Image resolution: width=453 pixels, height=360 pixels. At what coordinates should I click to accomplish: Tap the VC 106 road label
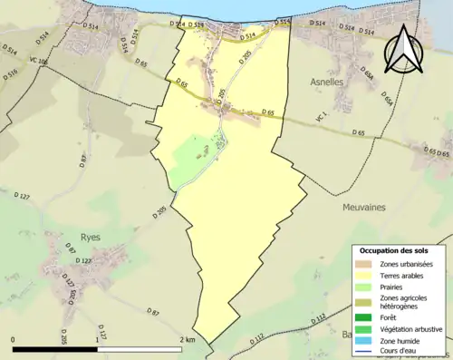(x=37, y=62)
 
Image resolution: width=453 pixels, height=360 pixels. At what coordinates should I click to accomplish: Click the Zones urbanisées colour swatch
(x=365, y=264)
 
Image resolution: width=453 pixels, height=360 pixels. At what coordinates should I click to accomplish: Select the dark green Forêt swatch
(x=365, y=317)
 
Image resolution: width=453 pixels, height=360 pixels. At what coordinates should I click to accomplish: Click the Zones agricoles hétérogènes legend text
(x=404, y=302)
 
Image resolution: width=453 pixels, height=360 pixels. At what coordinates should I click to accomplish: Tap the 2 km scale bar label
(x=187, y=339)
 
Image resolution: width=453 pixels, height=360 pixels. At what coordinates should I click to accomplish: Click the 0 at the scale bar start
(x=13, y=339)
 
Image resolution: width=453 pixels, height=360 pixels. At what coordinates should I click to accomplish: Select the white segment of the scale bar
(x=141, y=349)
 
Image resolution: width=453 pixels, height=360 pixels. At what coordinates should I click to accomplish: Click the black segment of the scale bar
(x=54, y=349)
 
